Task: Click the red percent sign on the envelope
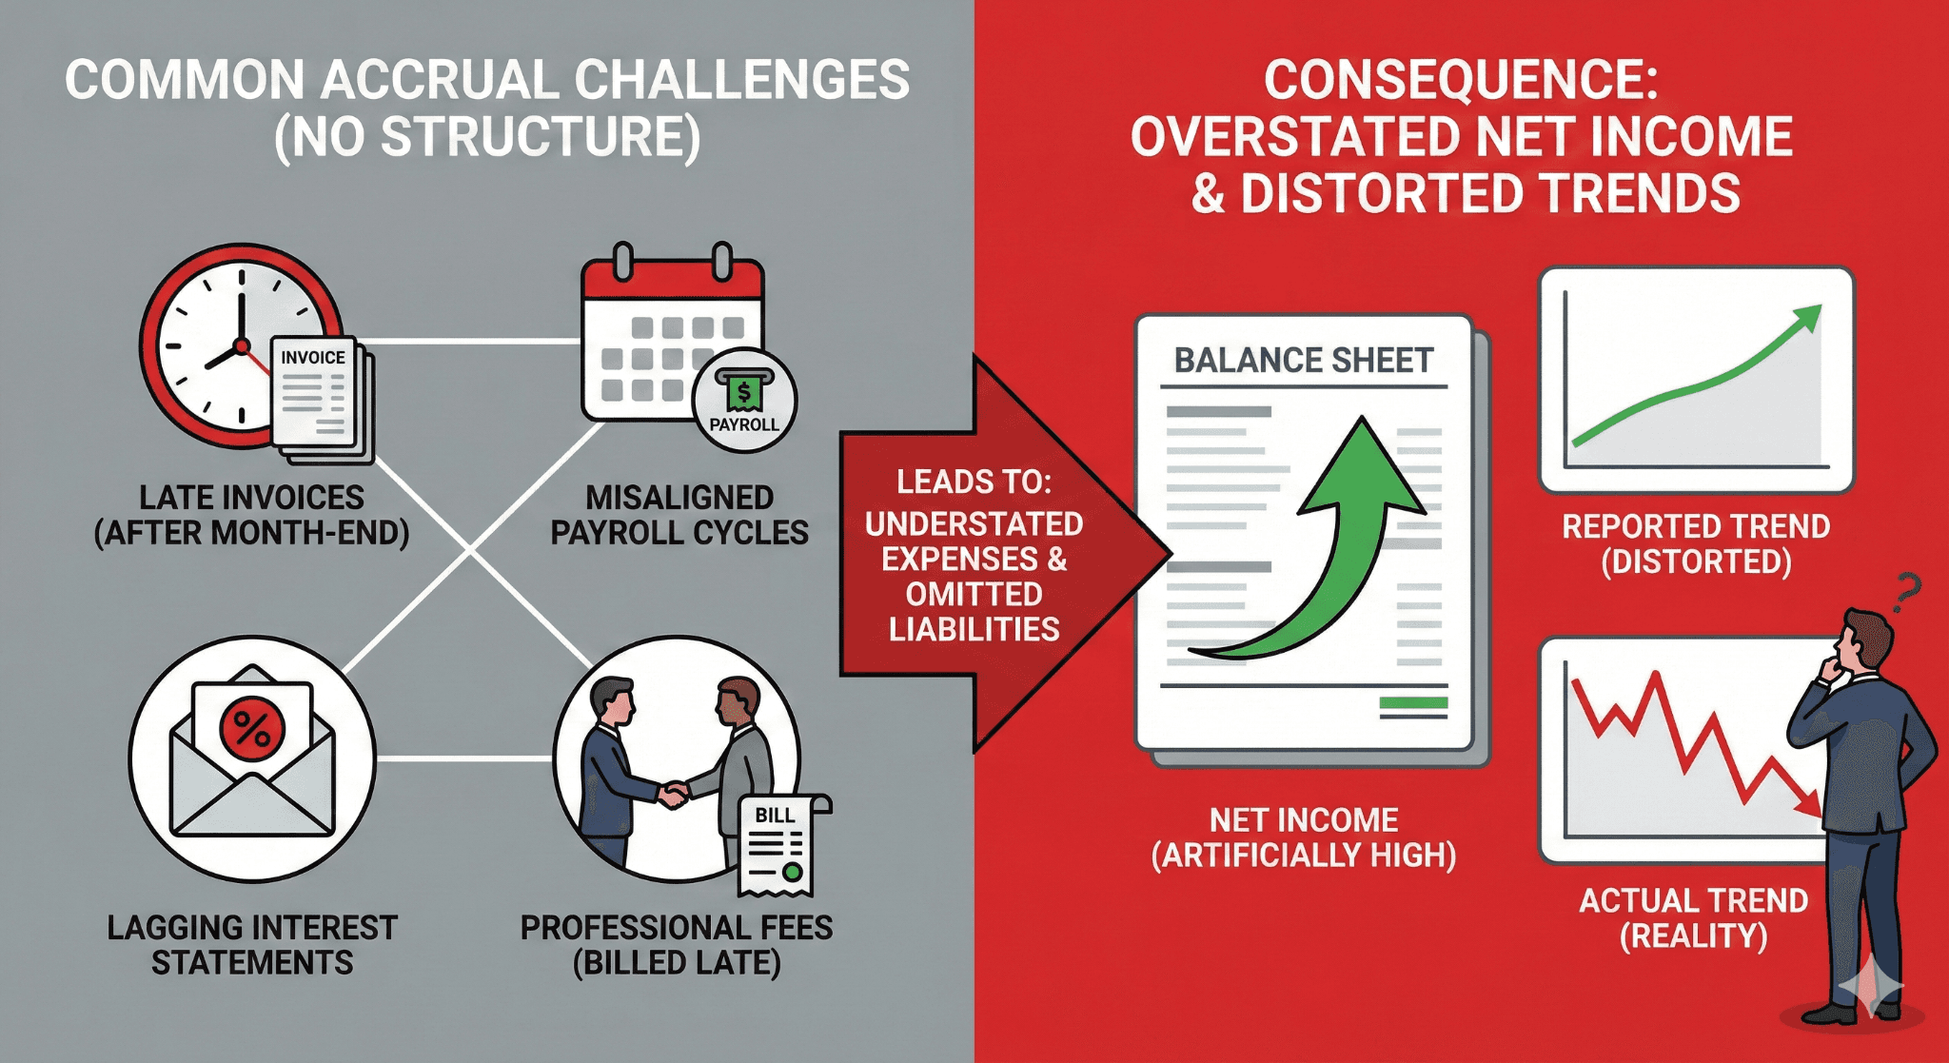point(252,731)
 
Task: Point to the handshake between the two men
point(673,793)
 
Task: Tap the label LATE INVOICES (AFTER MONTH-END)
point(251,515)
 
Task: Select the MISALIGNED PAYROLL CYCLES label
point(679,515)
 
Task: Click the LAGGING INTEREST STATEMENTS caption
point(252,944)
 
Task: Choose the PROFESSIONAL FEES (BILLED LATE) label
point(677,944)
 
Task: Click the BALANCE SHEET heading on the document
point(1303,361)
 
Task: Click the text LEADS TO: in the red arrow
point(974,482)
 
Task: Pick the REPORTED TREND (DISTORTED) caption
point(1696,543)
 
